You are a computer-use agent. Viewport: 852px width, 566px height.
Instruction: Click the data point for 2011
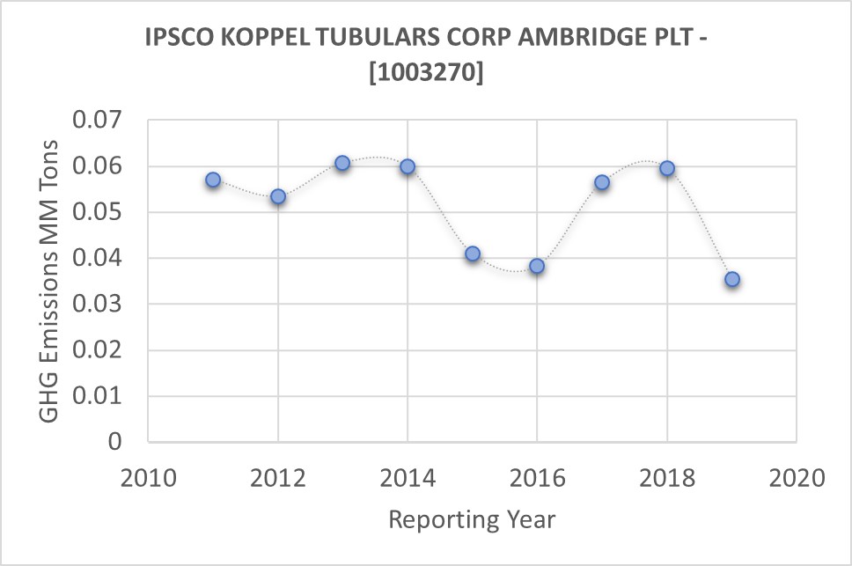click(x=213, y=180)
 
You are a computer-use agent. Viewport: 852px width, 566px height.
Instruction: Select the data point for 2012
click(x=278, y=196)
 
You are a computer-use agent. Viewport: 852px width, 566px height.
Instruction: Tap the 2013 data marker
click(x=342, y=163)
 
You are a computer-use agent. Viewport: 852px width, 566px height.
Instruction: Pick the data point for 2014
click(x=408, y=166)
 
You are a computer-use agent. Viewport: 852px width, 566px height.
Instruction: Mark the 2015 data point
click(x=473, y=254)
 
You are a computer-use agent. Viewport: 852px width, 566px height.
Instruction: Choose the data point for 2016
click(x=537, y=266)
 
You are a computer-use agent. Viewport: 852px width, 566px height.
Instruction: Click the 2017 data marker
click(x=602, y=182)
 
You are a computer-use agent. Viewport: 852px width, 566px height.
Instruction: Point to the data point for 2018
click(x=667, y=168)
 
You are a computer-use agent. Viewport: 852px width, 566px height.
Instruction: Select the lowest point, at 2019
click(x=732, y=280)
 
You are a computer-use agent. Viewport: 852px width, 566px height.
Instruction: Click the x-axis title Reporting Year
click(x=472, y=519)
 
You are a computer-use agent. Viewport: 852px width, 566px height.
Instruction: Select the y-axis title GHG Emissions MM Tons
click(x=51, y=281)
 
